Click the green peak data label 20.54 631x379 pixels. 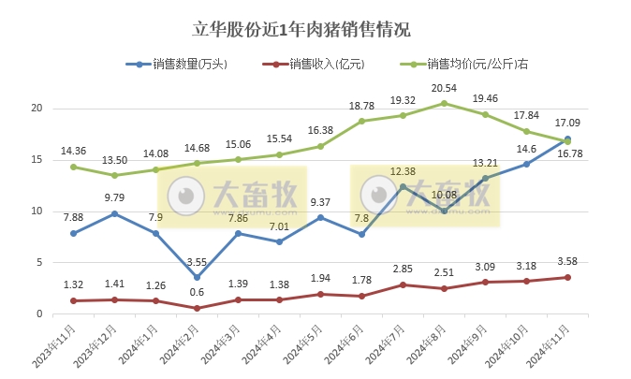[444, 87]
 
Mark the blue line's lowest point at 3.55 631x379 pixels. [197, 277]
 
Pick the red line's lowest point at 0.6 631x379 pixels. [197, 307]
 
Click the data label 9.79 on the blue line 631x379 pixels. [113, 197]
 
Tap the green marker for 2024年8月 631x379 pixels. [444, 103]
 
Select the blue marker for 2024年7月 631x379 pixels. [403, 186]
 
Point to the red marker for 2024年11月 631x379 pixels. [567, 277]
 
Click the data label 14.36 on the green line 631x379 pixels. [73, 151]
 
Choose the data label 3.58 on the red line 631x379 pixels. [567, 261]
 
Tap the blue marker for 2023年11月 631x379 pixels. [73, 233]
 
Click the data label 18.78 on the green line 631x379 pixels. [361, 106]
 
